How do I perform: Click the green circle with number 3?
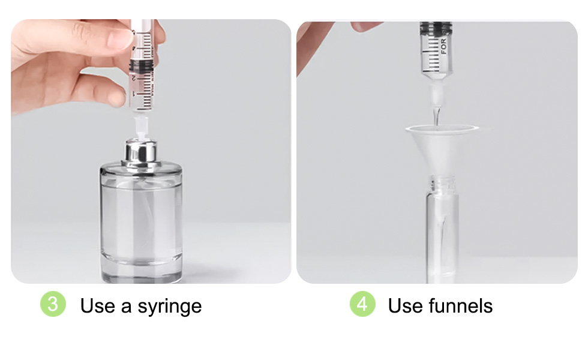point(53,304)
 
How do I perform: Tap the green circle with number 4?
point(362,304)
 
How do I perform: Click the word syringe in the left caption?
point(170,307)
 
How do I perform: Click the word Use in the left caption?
point(97,306)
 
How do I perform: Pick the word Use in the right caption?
point(405,306)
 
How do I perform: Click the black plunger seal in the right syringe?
point(436,28)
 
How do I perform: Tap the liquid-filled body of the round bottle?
point(141,216)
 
